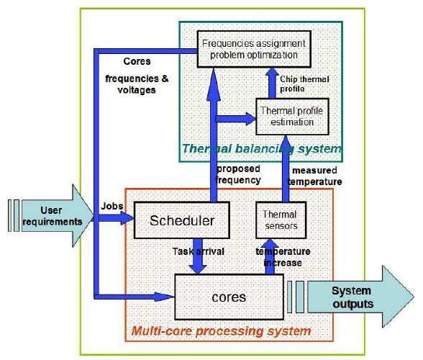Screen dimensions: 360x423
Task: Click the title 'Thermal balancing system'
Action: click(x=261, y=149)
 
